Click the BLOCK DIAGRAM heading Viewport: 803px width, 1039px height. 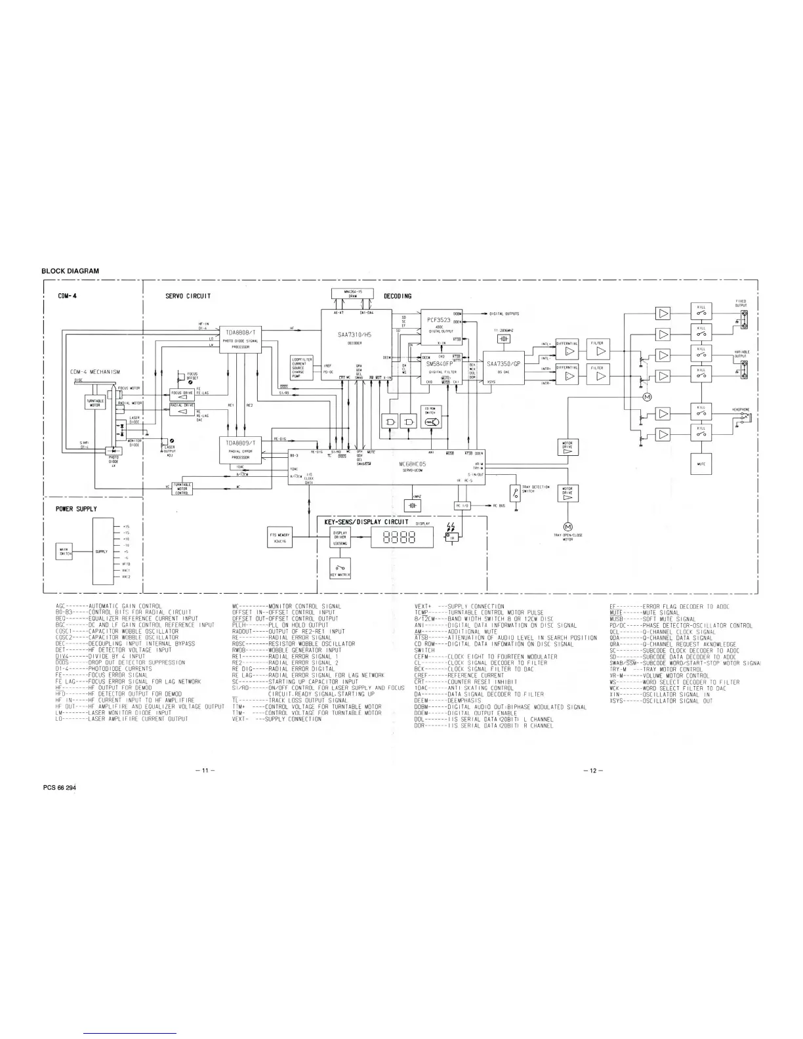point(70,271)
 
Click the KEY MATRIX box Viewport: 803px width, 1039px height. point(340,569)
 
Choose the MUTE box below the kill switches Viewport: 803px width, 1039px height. point(701,463)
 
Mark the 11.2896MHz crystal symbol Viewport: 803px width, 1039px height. point(503,338)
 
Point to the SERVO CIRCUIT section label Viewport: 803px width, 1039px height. point(188,296)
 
